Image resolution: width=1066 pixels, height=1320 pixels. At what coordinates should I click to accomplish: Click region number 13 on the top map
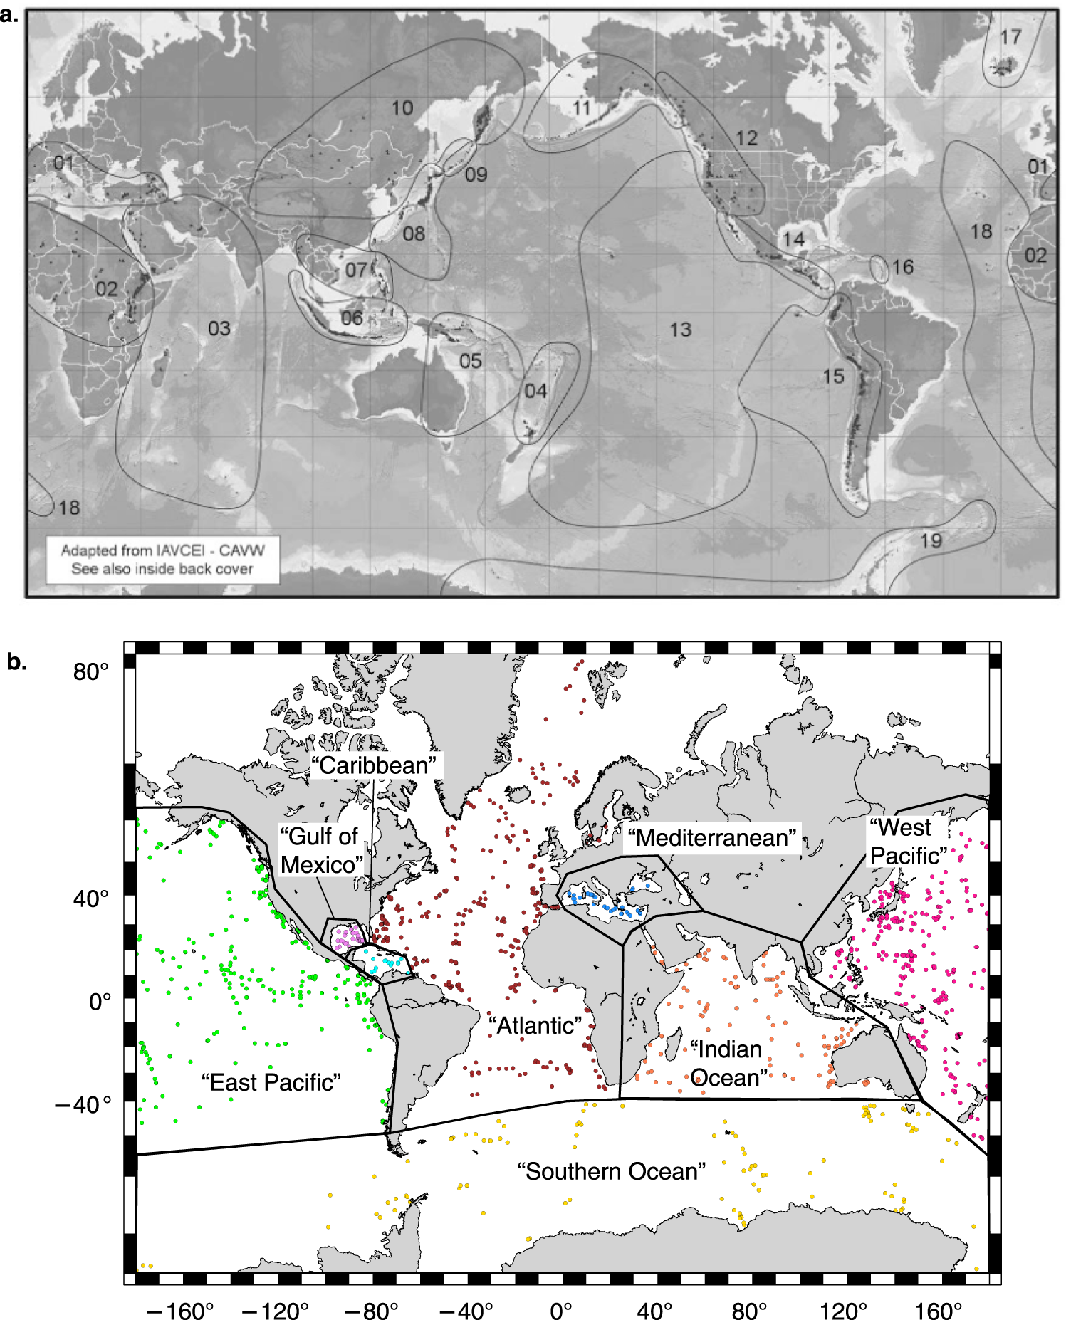(x=680, y=330)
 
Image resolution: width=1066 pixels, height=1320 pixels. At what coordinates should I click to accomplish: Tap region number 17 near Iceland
(x=1010, y=37)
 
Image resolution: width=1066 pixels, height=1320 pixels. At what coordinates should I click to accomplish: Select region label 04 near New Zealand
(x=535, y=391)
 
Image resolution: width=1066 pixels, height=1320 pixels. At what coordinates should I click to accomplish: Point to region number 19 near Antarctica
(x=931, y=540)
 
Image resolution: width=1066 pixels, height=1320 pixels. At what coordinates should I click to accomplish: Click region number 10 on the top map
(x=402, y=108)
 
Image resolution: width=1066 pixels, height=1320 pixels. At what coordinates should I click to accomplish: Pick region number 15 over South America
(x=833, y=376)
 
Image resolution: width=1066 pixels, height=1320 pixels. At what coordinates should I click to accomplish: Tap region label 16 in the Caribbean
(x=902, y=267)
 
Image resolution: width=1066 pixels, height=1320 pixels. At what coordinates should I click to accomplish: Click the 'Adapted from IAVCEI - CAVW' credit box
(x=162, y=559)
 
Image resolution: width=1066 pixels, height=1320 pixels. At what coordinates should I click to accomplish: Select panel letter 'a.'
(x=10, y=14)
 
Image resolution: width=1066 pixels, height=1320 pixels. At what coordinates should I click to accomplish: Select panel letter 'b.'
(x=17, y=661)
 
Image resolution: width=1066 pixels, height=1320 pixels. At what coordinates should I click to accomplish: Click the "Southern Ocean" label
(x=611, y=1170)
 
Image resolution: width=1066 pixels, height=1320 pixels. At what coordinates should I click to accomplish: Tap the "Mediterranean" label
(x=712, y=837)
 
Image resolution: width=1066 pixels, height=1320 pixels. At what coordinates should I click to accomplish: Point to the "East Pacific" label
(x=271, y=1082)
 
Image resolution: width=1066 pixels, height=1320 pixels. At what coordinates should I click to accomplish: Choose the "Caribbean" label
(x=374, y=765)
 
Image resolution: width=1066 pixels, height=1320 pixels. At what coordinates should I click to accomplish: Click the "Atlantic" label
(x=535, y=1025)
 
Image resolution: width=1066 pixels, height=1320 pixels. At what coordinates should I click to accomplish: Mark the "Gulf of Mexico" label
(x=320, y=850)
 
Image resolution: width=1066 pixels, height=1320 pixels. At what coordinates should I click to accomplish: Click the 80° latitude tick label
(x=91, y=671)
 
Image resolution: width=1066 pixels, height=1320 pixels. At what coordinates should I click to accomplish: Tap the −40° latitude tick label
(x=84, y=1104)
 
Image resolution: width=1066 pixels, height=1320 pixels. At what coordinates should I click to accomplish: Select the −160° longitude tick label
(x=180, y=1310)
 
